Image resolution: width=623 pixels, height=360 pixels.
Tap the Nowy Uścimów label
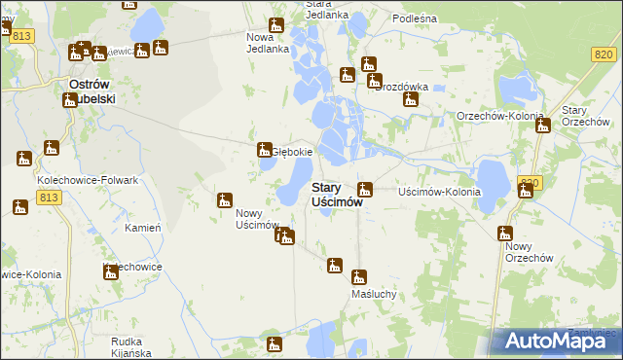(257, 220)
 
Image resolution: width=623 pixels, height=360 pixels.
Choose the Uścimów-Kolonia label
(440, 192)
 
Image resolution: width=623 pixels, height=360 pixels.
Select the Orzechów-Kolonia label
(499, 117)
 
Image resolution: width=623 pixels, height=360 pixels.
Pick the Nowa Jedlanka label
(267, 41)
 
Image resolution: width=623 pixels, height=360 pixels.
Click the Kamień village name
(142, 228)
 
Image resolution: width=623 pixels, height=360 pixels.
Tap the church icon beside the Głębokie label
(263, 150)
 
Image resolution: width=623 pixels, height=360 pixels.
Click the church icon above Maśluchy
(359, 276)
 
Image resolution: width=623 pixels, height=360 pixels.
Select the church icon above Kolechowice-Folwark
(51, 149)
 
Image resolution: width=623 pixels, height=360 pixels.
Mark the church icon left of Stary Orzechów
(542, 126)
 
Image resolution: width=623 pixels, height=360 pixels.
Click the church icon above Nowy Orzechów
(504, 234)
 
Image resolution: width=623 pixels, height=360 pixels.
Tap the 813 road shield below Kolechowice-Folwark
(48, 197)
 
